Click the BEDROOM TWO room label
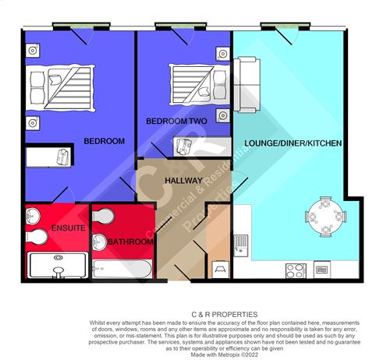176,122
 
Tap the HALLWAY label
183,181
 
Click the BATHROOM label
129,242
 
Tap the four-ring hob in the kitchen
296,270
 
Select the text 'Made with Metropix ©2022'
194,355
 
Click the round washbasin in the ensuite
35,236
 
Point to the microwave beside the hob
320,270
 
